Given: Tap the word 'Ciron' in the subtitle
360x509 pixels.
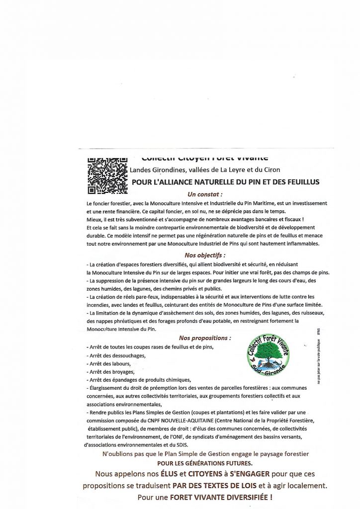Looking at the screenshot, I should point(270,170).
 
